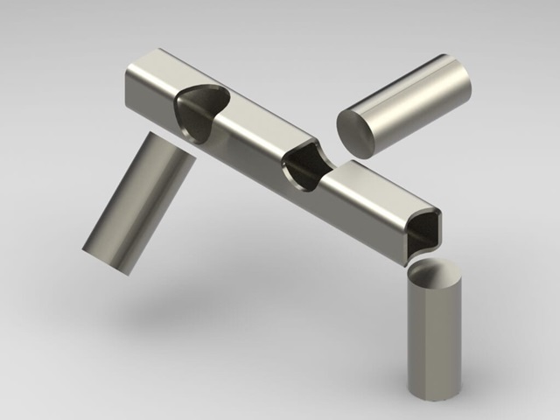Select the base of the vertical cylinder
(x=434, y=392)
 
